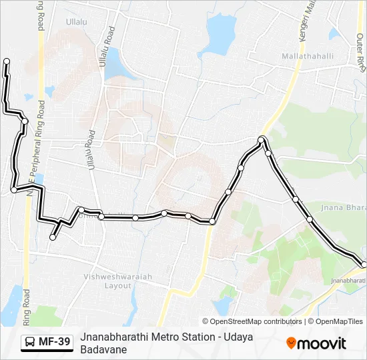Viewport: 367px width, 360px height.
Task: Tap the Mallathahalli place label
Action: point(308,56)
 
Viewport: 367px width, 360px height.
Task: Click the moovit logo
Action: point(316,343)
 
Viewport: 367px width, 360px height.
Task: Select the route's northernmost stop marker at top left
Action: point(7,61)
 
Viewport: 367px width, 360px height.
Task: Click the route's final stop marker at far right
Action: point(364,265)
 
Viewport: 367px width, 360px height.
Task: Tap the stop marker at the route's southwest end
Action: point(53,237)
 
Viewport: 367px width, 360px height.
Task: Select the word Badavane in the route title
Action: point(103,349)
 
